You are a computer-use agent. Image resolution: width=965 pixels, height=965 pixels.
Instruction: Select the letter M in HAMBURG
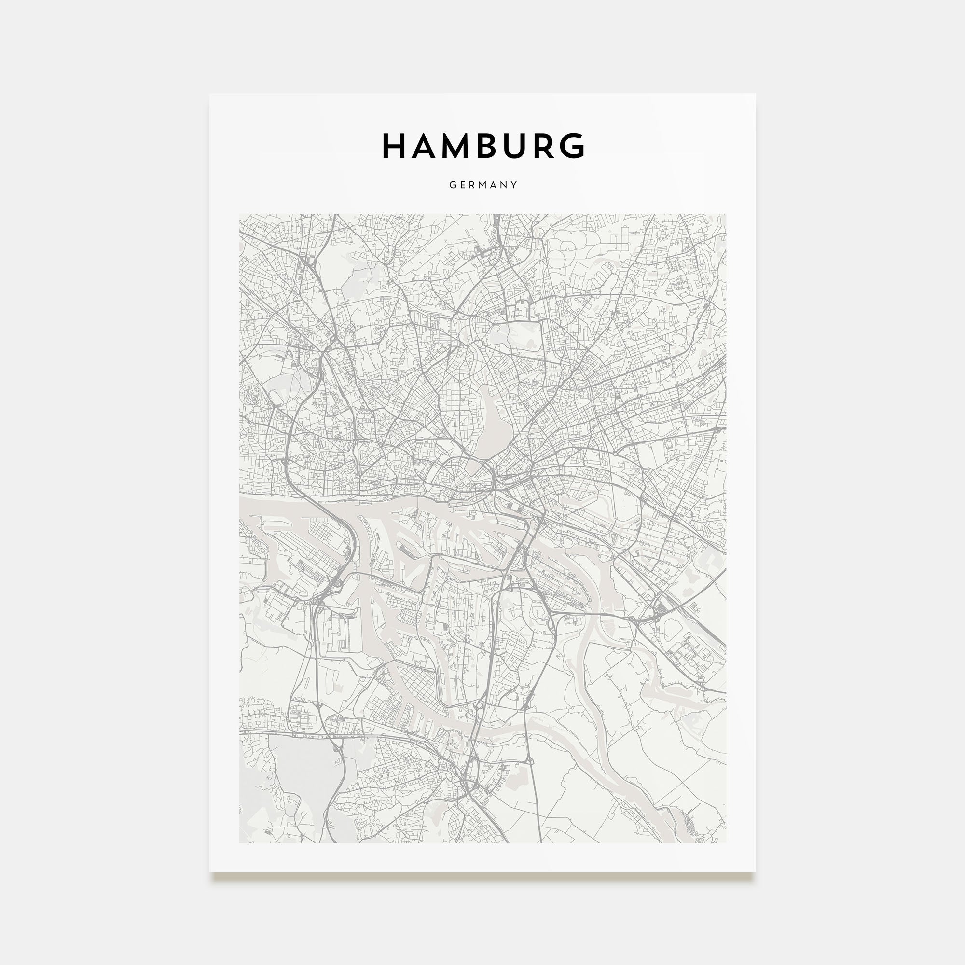(x=458, y=146)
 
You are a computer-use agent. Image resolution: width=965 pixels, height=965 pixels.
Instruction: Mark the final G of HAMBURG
(x=574, y=146)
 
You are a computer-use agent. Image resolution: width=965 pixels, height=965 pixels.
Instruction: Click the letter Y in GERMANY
(x=514, y=185)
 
